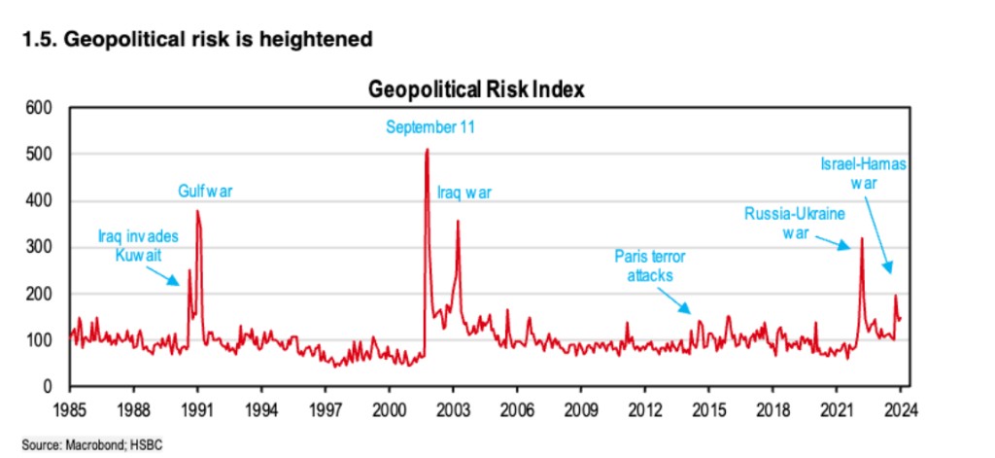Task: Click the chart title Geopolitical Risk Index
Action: (476, 90)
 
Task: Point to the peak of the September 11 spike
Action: (427, 150)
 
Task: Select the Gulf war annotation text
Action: (206, 192)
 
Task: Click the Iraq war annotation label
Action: (463, 193)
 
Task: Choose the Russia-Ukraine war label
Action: (794, 223)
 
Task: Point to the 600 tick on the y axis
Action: (38, 108)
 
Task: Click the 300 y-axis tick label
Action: (38, 248)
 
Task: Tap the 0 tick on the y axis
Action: (46, 388)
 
